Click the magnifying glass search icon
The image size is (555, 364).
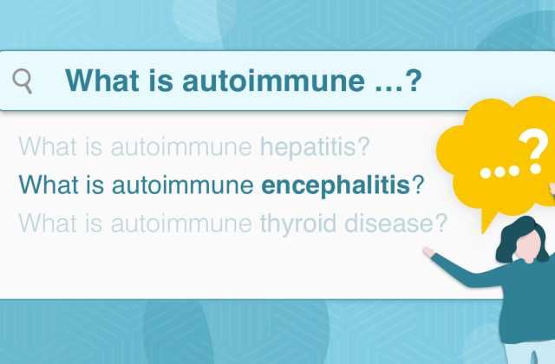[x=23, y=81]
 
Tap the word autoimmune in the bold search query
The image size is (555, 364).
[x=273, y=81]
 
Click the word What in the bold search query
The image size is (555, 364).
[x=102, y=81]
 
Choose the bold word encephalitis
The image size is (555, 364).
[x=336, y=185]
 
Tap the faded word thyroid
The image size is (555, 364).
[x=298, y=224]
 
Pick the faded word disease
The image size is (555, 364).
[x=388, y=224]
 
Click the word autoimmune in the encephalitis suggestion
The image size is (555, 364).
[x=183, y=185]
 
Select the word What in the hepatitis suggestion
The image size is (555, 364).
[x=48, y=146]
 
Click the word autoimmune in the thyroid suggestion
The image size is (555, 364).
[x=181, y=224]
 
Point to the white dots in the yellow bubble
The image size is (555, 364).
[x=499, y=172]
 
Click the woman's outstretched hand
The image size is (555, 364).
[x=428, y=251]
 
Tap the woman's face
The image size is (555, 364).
[x=528, y=245]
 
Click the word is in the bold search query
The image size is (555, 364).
[x=160, y=81]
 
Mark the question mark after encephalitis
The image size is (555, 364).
[x=418, y=185]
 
